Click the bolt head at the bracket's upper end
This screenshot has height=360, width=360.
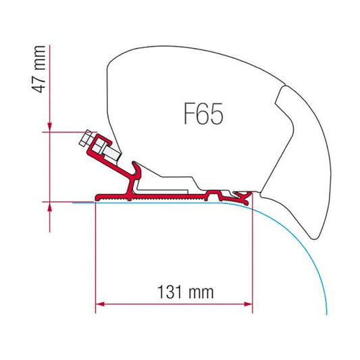coord(85,141)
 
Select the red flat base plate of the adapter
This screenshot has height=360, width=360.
coord(162,198)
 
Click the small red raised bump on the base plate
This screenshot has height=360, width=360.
coord(217,193)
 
